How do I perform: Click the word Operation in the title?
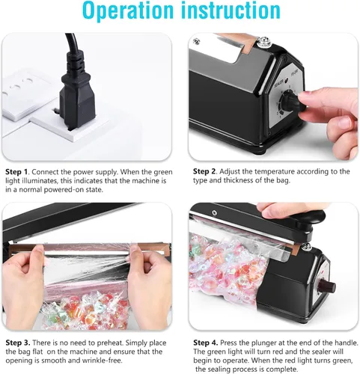pyautogui.click(x=128, y=10)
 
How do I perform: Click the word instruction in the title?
pyautogui.click(x=231, y=10)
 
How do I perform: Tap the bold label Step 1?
pyautogui.click(x=16, y=172)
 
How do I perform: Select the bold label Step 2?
pyautogui.click(x=204, y=171)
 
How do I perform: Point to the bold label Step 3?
pyautogui.click(x=17, y=343)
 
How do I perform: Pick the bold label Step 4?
pyautogui.click(x=205, y=343)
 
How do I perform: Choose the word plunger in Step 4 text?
pyautogui.click(x=269, y=343)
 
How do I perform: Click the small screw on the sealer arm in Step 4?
pyautogui.click(x=214, y=212)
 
